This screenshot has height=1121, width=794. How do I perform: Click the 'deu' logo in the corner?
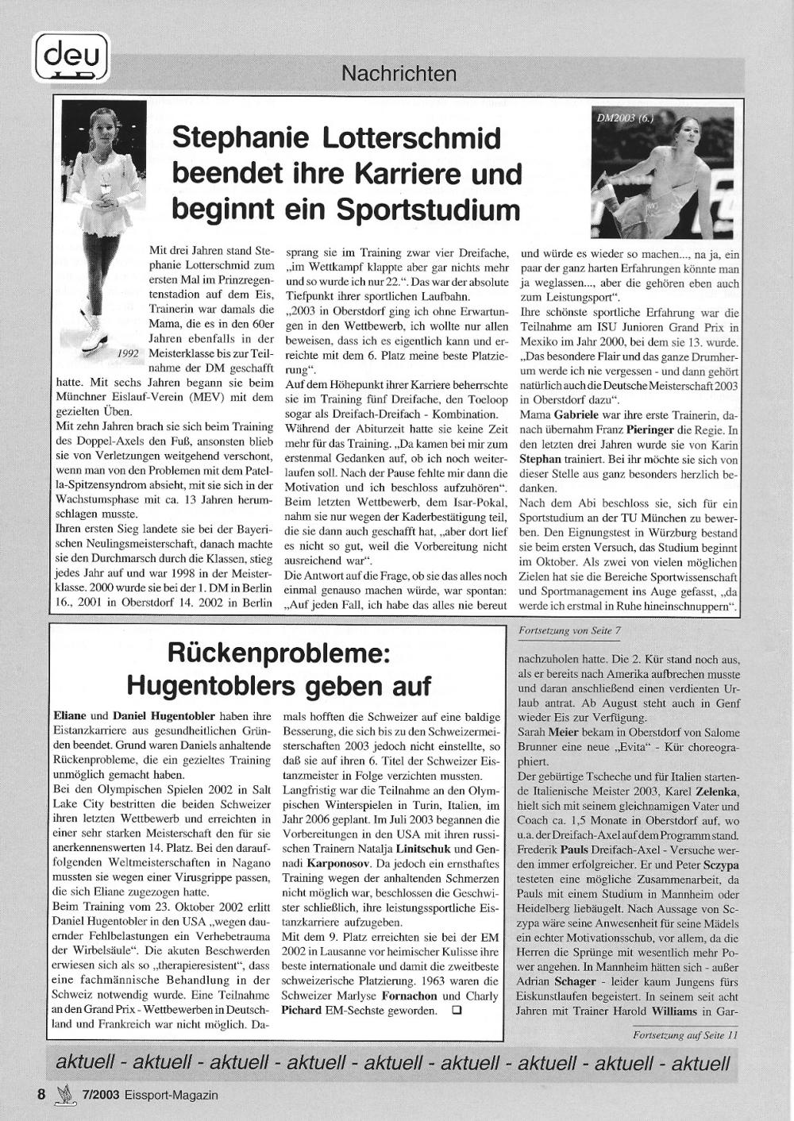71,58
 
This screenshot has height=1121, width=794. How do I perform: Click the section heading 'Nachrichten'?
399,74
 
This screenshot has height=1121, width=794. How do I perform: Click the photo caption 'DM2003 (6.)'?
624,117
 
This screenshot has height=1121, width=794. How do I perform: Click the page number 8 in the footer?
41,1094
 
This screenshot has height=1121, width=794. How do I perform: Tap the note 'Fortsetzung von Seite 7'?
569,630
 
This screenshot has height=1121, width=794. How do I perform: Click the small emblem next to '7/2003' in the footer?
64,1095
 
